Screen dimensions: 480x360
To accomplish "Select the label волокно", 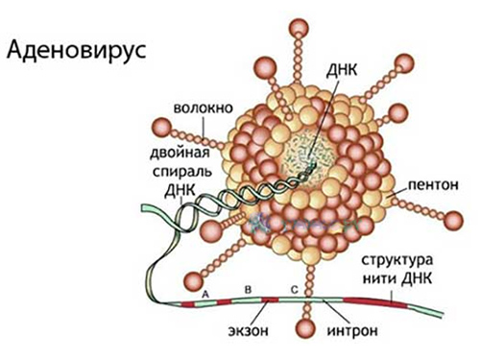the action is click(x=204, y=108).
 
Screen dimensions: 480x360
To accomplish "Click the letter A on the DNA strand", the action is click(x=204, y=288).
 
